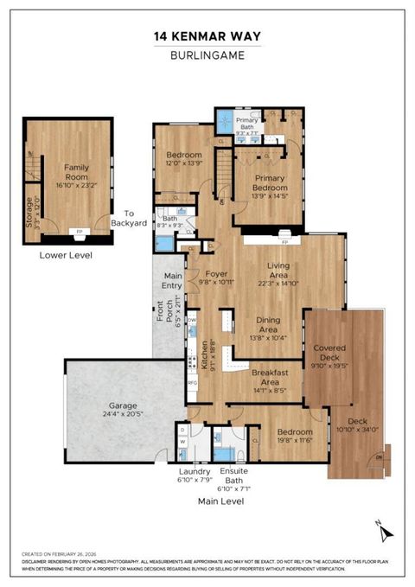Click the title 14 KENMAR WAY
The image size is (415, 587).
click(207, 35)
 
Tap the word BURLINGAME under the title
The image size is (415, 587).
click(207, 54)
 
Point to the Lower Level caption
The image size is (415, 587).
click(66, 256)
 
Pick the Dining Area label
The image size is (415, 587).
click(268, 329)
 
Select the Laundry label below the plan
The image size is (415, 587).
click(194, 471)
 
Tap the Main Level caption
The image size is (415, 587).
click(220, 501)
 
